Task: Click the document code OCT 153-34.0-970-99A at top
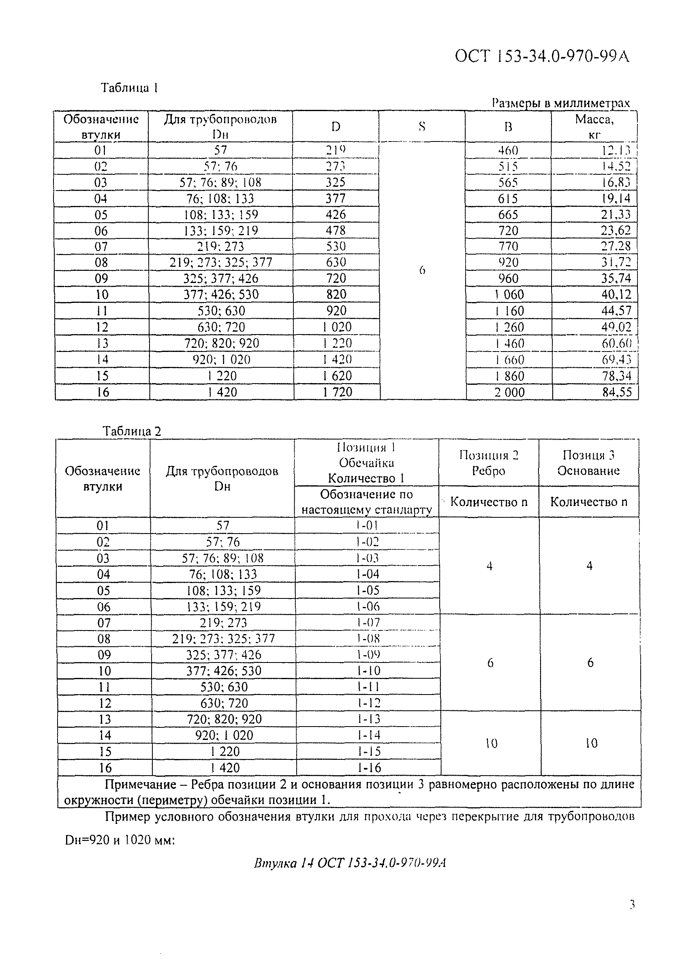(x=542, y=56)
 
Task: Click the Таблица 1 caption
(x=129, y=88)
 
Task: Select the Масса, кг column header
(x=594, y=127)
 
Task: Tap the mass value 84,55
(x=617, y=392)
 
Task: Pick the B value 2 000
(x=509, y=392)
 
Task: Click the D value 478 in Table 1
(x=336, y=230)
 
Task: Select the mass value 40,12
(x=616, y=294)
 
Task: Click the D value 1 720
(x=337, y=392)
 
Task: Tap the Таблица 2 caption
(x=132, y=431)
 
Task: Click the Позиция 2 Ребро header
(x=488, y=463)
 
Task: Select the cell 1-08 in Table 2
(x=368, y=639)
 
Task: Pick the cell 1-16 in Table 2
(x=369, y=768)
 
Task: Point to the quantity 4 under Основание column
(x=590, y=566)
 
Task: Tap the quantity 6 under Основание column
(x=590, y=663)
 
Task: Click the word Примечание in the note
(x=140, y=784)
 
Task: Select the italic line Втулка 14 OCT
(x=349, y=863)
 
